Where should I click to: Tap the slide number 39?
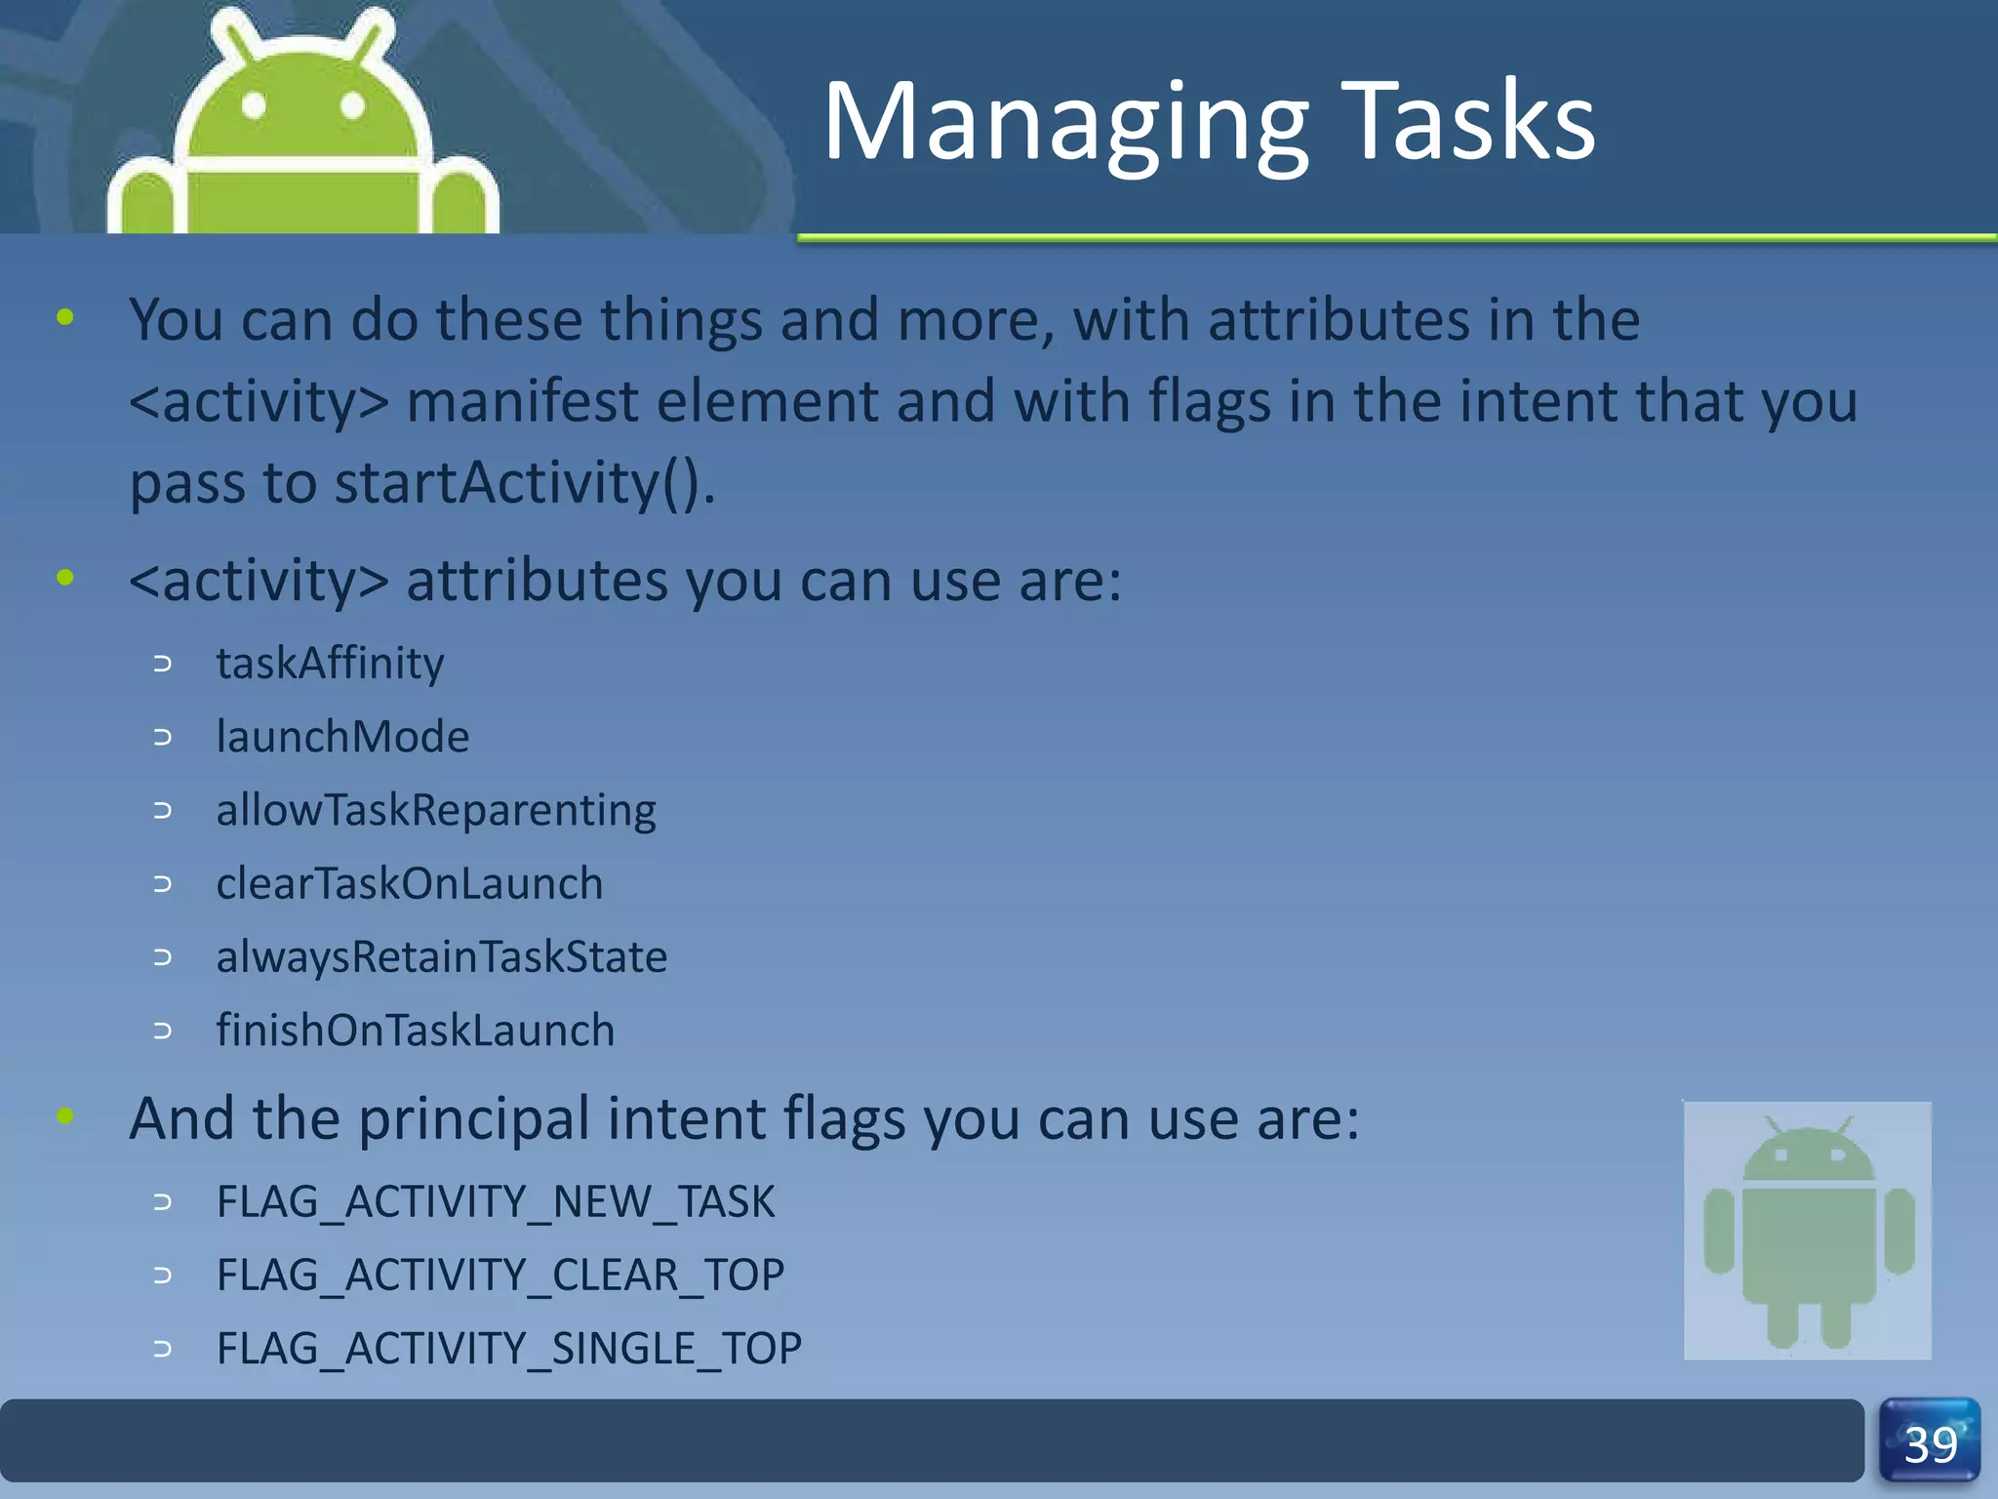[x=1930, y=1444]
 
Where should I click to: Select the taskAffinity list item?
[x=330, y=664]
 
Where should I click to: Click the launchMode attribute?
[x=342, y=737]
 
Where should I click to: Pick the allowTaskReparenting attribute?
[x=436, y=810]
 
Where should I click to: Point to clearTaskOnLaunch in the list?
[x=409, y=883]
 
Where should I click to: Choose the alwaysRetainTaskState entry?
[x=441, y=956]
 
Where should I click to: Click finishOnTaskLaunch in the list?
[x=416, y=1031]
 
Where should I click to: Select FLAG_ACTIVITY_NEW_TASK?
[x=496, y=1201]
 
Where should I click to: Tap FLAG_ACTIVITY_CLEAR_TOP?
[x=499, y=1275]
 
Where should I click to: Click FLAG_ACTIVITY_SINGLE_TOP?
[x=508, y=1349]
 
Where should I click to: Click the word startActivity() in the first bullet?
[x=524, y=483]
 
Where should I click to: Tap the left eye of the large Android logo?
[x=254, y=104]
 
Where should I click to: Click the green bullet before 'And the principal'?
[x=65, y=1115]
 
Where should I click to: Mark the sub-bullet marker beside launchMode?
[x=163, y=738]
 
